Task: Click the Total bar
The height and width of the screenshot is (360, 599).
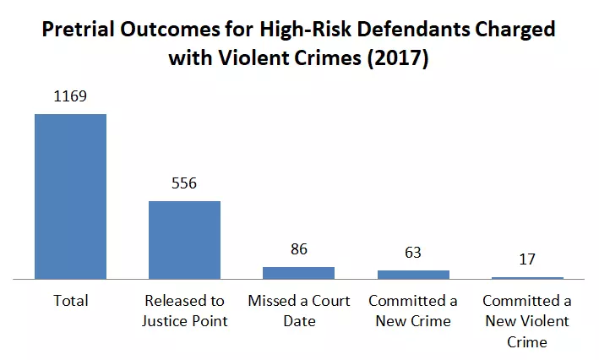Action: pyautogui.click(x=70, y=196)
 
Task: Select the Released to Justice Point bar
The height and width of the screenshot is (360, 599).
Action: pyautogui.click(x=184, y=240)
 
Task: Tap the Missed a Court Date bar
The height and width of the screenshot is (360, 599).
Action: pyautogui.click(x=299, y=273)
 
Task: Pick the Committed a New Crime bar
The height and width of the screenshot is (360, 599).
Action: pyautogui.click(x=413, y=275)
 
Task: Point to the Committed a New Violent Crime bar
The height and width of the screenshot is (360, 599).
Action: pyautogui.click(x=527, y=278)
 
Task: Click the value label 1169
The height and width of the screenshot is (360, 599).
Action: pyautogui.click(x=70, y=96)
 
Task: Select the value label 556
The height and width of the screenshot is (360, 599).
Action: pyautogui.click(x=184, y=183)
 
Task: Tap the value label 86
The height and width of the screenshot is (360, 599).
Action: pyautogui.click(x=299, y=249)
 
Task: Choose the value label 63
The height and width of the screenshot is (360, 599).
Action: pyautogui.click(x=413, y=253)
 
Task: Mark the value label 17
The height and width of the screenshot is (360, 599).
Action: pyautogui.click(x=527, y=259)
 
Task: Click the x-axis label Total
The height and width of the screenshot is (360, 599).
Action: pyautogui.click(x=71, y=301)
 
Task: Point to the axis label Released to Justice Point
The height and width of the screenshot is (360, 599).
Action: pyautogui.click(x=185, y=311)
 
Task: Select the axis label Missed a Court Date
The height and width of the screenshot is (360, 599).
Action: pyautogui.click(x=299, y=311)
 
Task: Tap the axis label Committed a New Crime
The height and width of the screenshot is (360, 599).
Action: pyautogui.click(x=413, y=311)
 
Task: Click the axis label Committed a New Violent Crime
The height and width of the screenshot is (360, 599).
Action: pyautogui.click(x=527, y=321)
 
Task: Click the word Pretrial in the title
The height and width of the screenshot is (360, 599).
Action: pyautogui.click(x=78, y=29)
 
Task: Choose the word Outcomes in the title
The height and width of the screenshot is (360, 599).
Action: pyautogui.click(x=170, y=29)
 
